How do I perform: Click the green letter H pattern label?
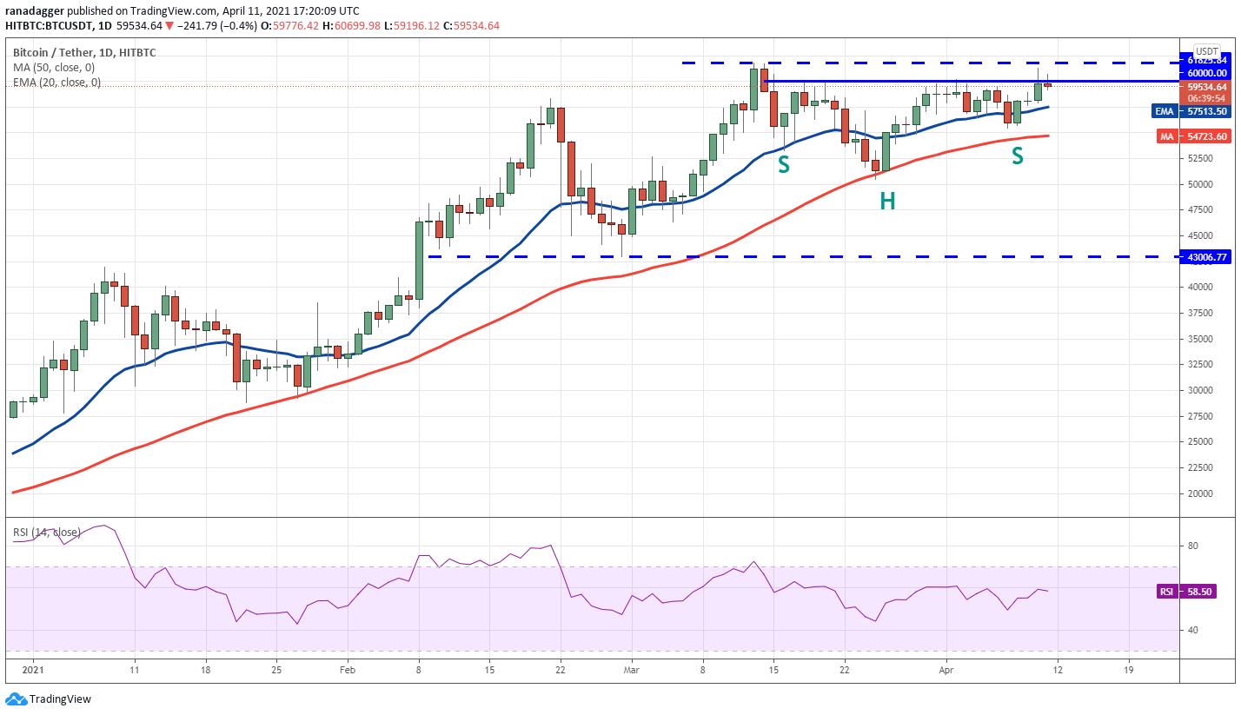886,202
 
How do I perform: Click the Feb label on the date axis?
347,671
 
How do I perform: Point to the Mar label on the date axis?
632,671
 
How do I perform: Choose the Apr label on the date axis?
947,671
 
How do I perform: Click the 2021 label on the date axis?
34,671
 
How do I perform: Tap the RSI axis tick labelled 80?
1193,546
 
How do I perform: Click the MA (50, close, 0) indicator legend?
54,68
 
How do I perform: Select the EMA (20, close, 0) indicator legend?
57,83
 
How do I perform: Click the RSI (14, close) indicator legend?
47,532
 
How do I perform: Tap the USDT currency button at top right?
1206,50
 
